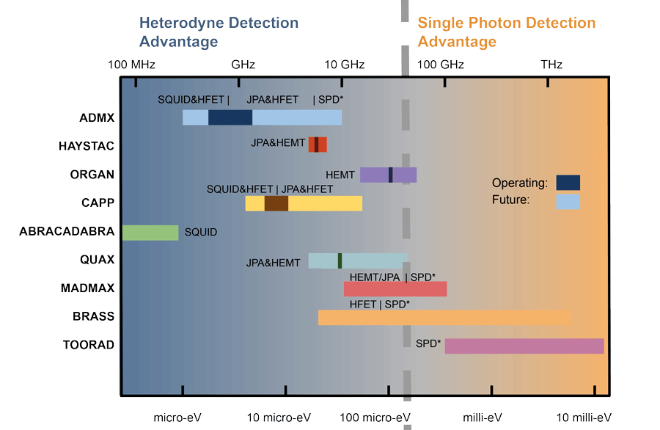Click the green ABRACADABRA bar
[150, 233]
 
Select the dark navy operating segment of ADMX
[230, 117]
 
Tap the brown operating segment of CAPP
[276, 203]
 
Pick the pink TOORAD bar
[524, 346]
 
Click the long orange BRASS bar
[444, 317]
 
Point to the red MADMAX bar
[395, 288]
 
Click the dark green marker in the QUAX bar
[340, 260]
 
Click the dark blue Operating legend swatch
[568, 182]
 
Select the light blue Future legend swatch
[568, 201]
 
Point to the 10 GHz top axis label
[345, 65]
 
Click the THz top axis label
[551, 65]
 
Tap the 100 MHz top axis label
[132, 65]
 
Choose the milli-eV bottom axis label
[482, 418]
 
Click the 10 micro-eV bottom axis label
[279, 418]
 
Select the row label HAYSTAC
[87, 146]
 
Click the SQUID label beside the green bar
[201, 233]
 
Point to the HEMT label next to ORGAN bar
[340, 175]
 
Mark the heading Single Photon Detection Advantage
[507, 32]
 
